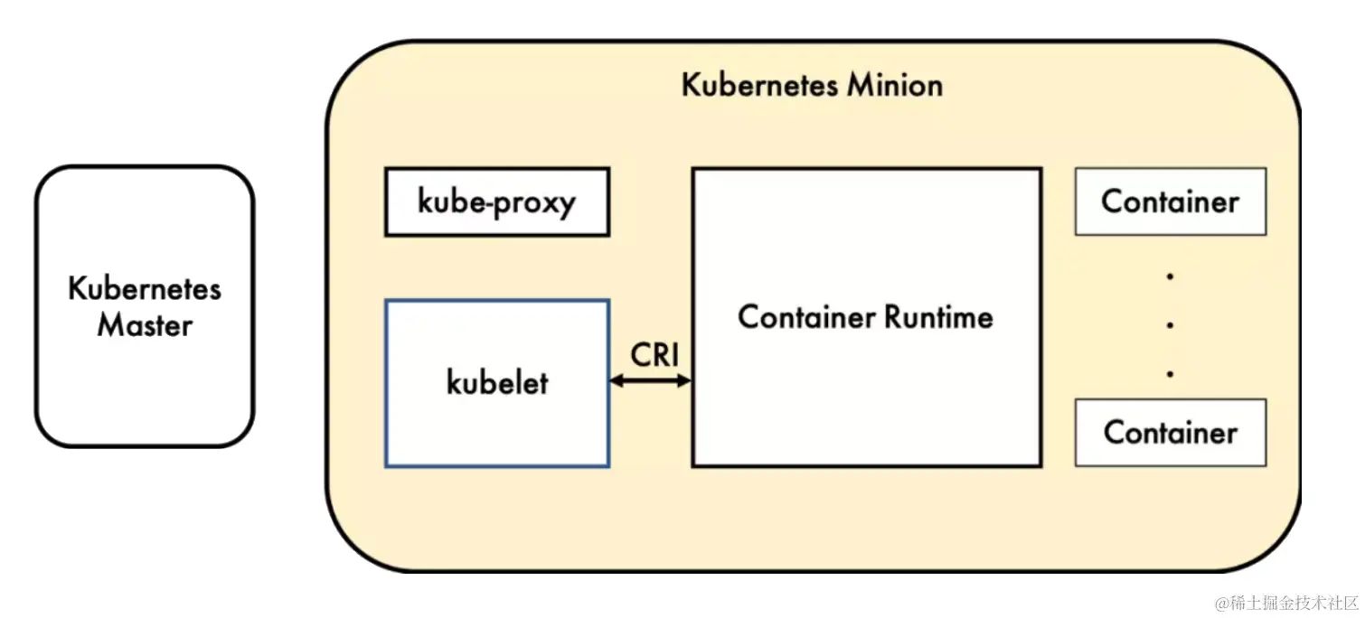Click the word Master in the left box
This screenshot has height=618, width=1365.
click(145, 324)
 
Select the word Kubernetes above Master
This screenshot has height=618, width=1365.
click(145, 289)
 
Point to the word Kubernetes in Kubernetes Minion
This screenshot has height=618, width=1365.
click(759, 85)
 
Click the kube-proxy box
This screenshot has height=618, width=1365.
click(497, 201)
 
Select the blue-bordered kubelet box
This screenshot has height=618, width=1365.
click(497, 425)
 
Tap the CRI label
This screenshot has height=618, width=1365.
click(654, 355)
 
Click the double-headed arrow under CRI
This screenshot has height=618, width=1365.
click(651, 381)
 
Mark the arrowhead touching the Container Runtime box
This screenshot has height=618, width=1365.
click(685, 381)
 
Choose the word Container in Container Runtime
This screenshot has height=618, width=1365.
click(806, 317)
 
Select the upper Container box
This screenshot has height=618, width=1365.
click(1170, 201)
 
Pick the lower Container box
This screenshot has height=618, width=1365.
click(1170, 432)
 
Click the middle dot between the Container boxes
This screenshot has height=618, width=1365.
click(1170, 324)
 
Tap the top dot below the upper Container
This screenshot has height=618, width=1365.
click(1170, 276)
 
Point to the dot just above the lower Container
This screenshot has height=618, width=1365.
click(1170, 372)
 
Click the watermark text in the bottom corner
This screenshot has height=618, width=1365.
click(1286, 602)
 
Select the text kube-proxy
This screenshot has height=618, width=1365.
click(496, 201)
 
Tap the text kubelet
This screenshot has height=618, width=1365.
click(497, 383)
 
